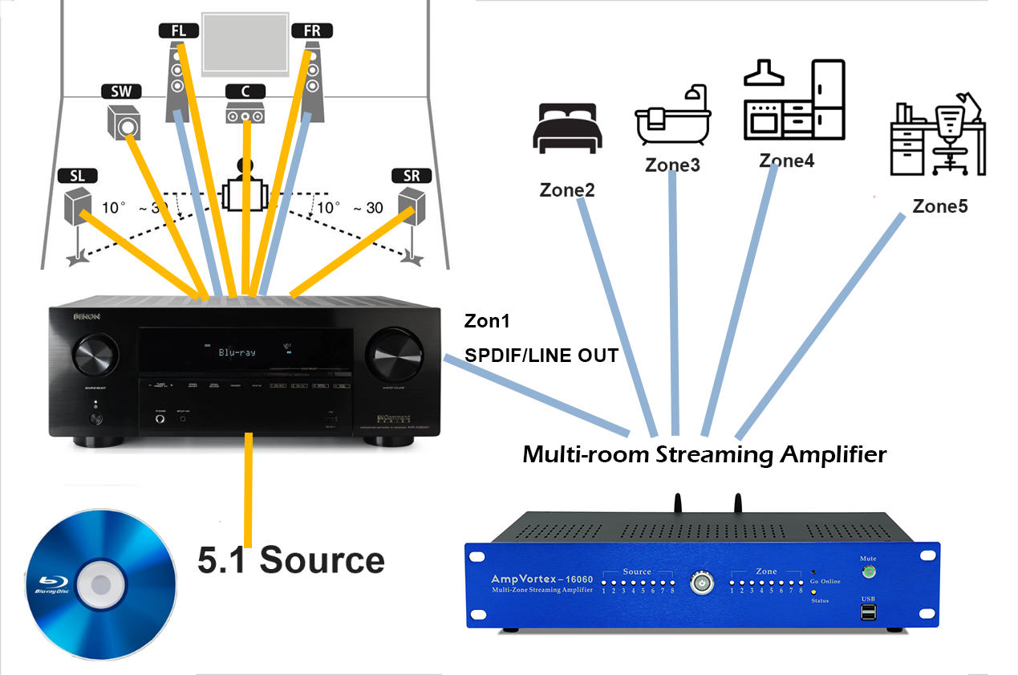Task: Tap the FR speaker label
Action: click(x=312, y=31)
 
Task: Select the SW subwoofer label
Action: click(x=121, y=91)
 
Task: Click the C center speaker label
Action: click(x=245, y=91)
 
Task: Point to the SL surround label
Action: click(x=77, y=176)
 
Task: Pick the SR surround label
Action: click(x=411, y=176)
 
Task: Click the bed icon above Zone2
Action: click(x=566, y=128)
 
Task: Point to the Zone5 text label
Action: click(x=940, y=206)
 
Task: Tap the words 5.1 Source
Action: click(x=291, y=559)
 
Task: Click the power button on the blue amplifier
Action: click(x=702, y=581)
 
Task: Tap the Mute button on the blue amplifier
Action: click(x=867, y=572)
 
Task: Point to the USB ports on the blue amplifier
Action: click(x=868, y=613)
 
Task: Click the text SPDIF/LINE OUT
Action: click(x=541, y=355)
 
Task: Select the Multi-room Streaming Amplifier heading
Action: click(x=704, y=455)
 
